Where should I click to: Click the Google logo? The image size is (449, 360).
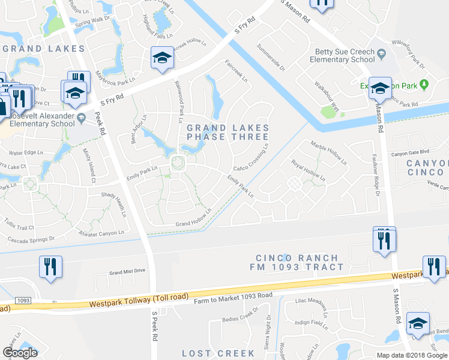click(20, 352)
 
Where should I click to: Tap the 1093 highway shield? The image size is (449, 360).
click(23, 300)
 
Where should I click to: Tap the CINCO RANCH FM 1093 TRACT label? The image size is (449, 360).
click(297, 262)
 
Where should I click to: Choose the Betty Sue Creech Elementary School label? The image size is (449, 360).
click(342, 56)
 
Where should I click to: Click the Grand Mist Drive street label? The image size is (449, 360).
click(127, 271)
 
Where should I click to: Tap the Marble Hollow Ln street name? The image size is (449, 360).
click(328, 152)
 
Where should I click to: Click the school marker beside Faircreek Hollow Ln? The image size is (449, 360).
click(161, 58)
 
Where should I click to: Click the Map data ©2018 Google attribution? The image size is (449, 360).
click(412, 355)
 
